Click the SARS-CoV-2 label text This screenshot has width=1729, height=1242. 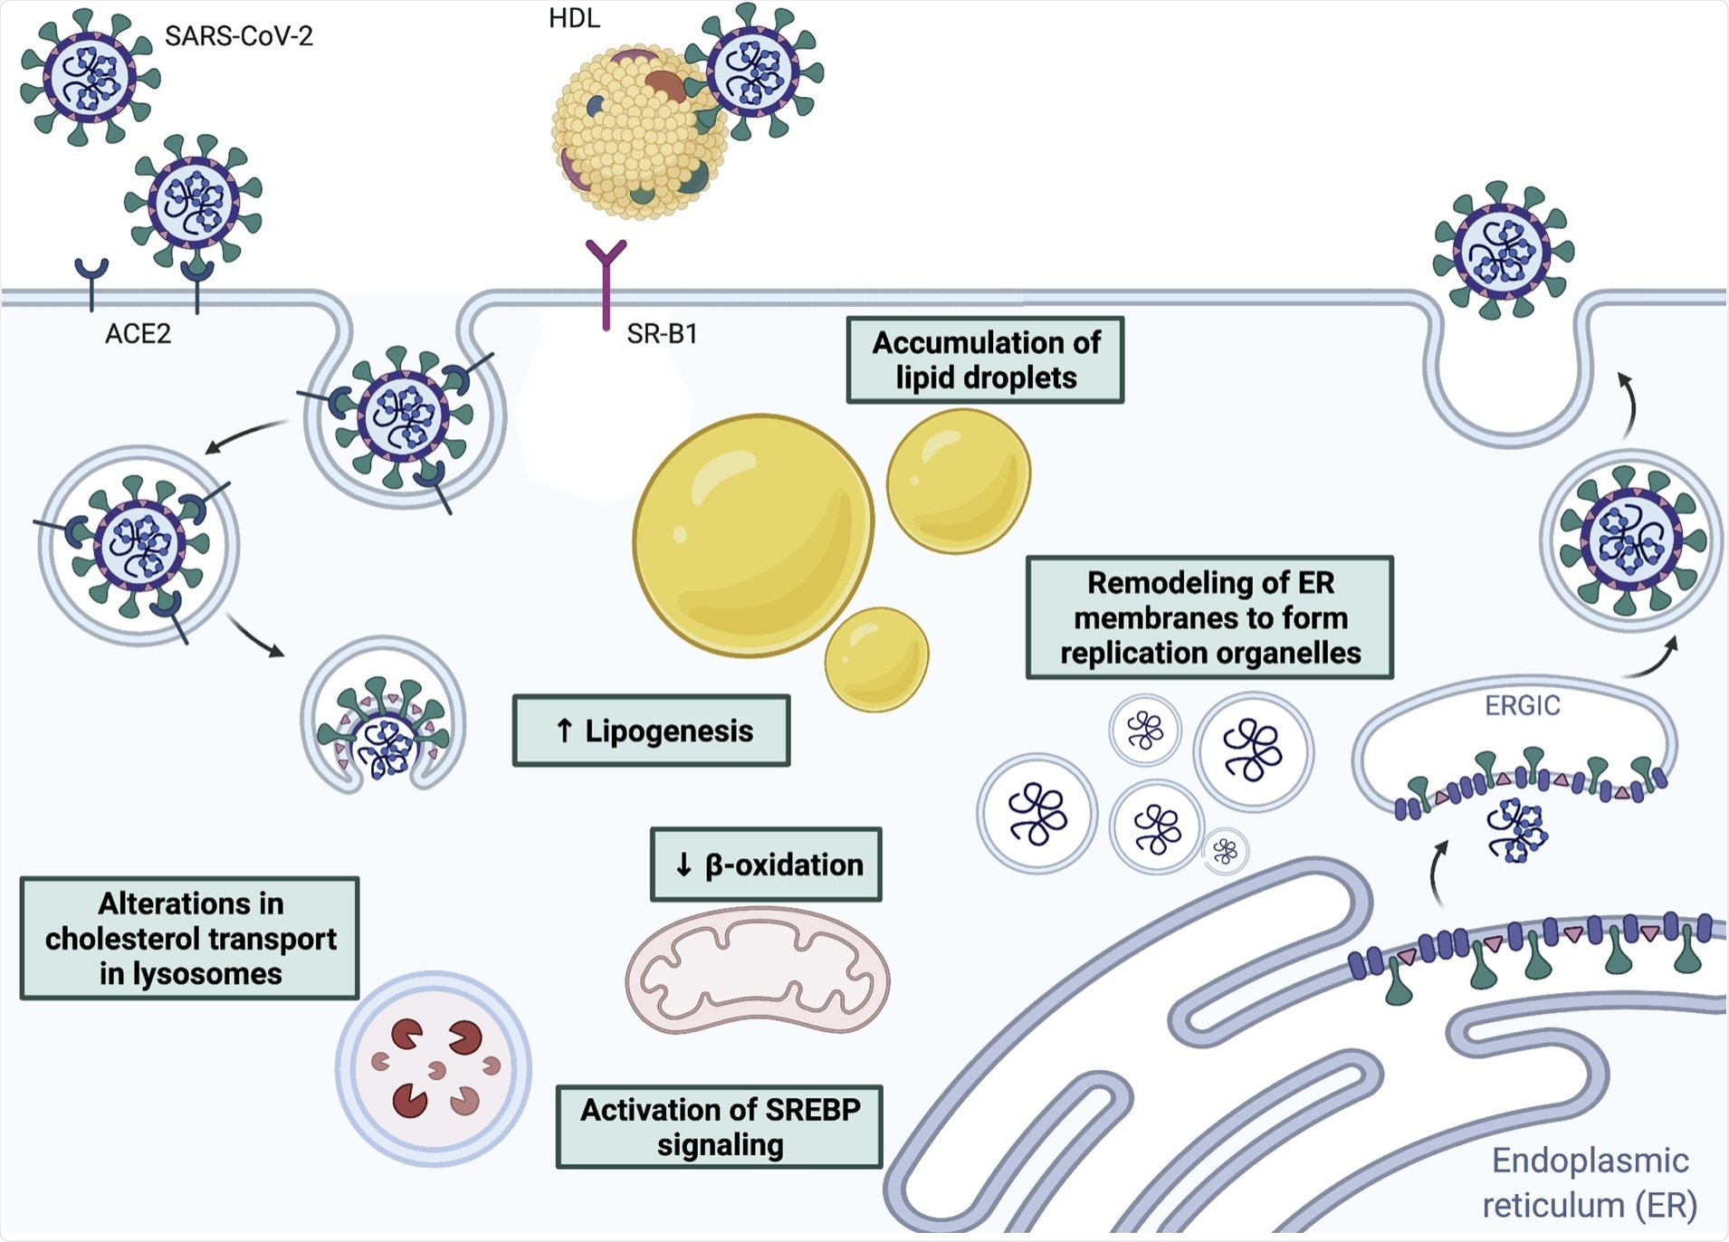238,36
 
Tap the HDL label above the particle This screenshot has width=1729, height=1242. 574,18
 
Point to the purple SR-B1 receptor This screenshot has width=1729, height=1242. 606,281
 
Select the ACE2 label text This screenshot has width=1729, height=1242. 138,334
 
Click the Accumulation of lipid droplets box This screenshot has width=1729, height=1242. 985,360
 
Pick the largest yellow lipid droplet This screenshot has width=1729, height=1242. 753,535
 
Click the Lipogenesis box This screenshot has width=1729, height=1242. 651,731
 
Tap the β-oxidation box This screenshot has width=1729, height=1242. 766,865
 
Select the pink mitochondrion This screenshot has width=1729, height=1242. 757,971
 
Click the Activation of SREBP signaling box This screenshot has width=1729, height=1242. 720,1127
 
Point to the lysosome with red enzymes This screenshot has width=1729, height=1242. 434,1069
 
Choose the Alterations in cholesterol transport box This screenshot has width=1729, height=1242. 190,939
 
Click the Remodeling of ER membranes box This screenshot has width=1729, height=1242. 1209,617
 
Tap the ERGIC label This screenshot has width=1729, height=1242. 1522,705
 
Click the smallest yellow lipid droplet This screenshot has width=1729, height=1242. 876,659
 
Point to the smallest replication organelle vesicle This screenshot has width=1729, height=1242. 1226,851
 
